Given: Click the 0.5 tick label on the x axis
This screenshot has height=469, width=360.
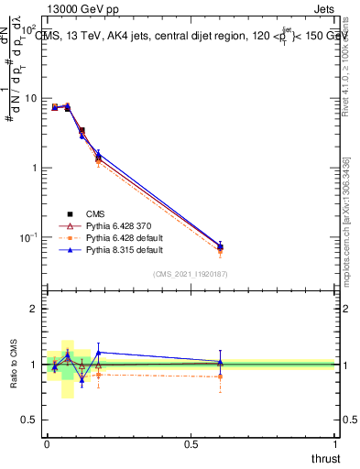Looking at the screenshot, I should click(191, 444).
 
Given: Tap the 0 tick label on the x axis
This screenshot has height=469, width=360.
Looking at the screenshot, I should click(47, 444).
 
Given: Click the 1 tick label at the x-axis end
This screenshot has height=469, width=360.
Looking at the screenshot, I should click(335, 444).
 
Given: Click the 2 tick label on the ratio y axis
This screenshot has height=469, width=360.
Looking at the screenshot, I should click(37, 309).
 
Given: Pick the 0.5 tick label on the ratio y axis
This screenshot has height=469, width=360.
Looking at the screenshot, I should click(33, 420).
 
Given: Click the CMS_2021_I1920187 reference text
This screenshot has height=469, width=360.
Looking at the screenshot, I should click(190, 273).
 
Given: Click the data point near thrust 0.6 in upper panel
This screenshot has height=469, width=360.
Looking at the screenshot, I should click(220, 247).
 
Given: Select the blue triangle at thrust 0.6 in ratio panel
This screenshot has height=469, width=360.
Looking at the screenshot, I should click(220, 362).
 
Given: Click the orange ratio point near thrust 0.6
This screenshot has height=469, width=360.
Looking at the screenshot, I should click(220, 376).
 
